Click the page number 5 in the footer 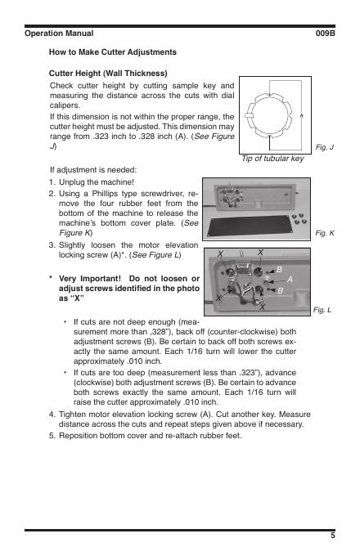tap(333, 536)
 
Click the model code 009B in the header tap(326, 34)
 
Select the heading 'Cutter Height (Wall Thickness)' tap(108, 74)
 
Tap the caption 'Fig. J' tap(325, 147)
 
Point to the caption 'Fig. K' tap(325, 233)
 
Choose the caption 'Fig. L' tap(322, 310)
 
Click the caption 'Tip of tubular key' tap(272, 159)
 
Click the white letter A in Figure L tap(290, 280)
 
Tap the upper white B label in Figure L tap(279, 270)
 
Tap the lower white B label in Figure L tap(280, 291)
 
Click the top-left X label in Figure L tap(220, 254)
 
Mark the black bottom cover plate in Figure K tap(250, 226)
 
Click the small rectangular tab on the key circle tap(249, 115)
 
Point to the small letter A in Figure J tap(302, 115)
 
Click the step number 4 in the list tap(52, 415)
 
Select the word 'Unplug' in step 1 tap(71, 182)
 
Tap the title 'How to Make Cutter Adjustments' tap(113, 52)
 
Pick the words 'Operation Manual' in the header tap(59, 34)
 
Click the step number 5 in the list tap(52, 436)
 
